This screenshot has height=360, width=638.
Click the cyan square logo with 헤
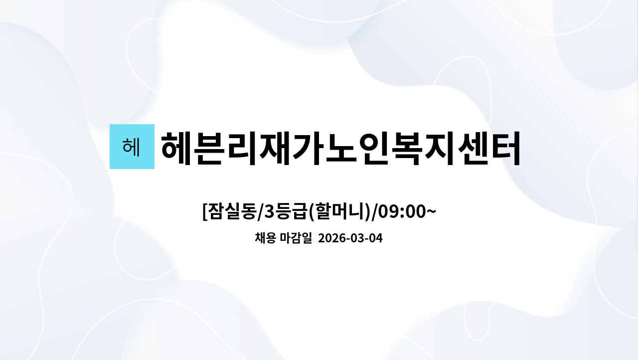click(x=132, y=147)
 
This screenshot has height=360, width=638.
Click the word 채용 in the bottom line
click(x=265, y=238)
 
